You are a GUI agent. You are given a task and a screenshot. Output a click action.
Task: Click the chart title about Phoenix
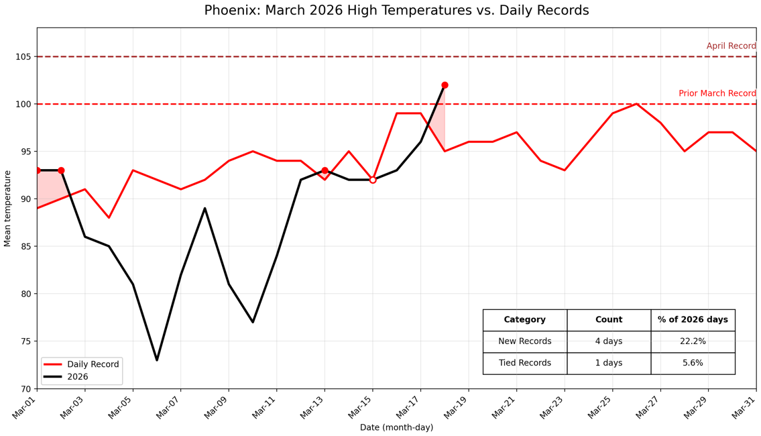pyautogui.click(x=396, y=11)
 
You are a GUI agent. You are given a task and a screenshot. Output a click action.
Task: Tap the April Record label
pyautogui.click(x=731, y=46)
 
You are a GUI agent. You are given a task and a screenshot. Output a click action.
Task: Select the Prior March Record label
pyautogui.click(x=717, y=94)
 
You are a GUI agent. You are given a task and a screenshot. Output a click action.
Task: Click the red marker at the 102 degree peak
pyautogui.click(x=445, y=85)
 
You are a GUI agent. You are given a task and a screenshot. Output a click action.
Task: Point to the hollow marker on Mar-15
pyautogui.click(x=373, y=180)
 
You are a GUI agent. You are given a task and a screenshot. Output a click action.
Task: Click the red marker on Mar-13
pyautogui.click(x=325, y=170)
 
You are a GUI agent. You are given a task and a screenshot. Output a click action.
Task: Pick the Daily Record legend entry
pyautogui.click(x=93, y=364)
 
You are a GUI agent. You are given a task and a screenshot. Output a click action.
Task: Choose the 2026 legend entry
pyautogui.click(x=77, y=377)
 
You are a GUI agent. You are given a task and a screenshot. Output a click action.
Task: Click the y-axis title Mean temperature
pyautogui.click(x=8, y=208)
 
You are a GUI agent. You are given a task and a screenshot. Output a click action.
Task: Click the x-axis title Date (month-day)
pyautogui.click(x=396, y=427)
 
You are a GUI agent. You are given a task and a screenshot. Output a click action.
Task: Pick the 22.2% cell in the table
pyautogui.click(x=693, y=341)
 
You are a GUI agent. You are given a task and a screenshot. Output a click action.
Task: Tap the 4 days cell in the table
pyautogui.click(x=609, y=341)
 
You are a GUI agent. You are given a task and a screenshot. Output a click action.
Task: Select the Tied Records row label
pyautogui.click(x=524, y=363)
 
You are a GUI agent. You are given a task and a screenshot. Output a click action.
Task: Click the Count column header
pyautogui.click(x=609, y=320)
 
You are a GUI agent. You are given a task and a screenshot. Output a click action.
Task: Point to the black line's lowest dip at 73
pyautogui.click(x=157, y=360)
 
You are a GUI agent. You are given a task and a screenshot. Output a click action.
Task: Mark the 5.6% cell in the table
pyautogui.click(x=693, y=363)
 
